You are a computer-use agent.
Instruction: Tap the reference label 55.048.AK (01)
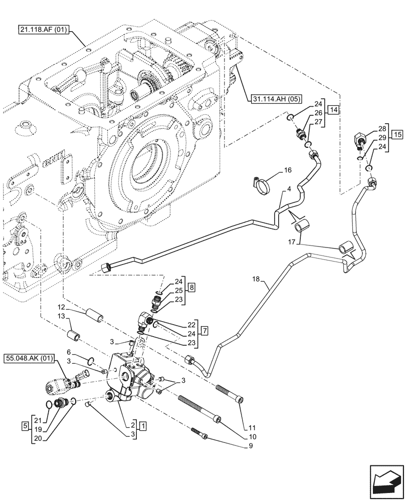coord(29,359)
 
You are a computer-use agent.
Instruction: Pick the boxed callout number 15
coord(397,134)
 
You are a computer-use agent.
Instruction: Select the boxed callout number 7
coord(205,330)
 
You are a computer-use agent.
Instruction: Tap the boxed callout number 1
coord(144,426)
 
